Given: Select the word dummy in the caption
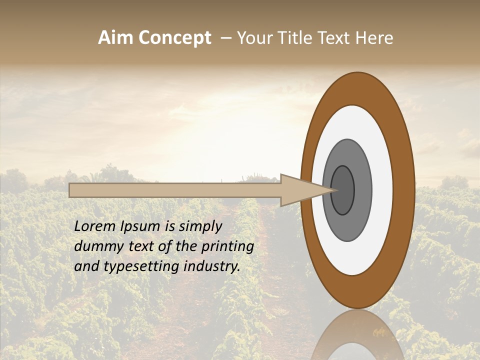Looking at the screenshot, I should coord(95,246).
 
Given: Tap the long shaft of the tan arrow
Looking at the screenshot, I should coord(175,190).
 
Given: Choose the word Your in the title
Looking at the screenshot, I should coord(255,38).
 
